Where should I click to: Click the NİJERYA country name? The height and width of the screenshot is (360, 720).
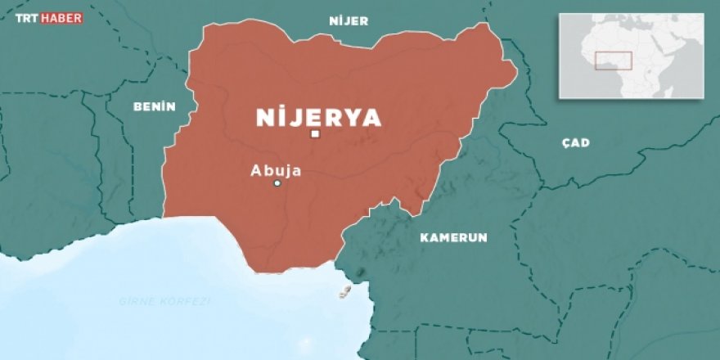(x=318, y=118)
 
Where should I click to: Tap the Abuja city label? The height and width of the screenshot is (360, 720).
(x=276, y=171)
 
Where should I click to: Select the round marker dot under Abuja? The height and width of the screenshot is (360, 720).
(x=277, y=183)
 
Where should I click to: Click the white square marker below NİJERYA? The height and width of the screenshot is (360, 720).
(x=315, y=134)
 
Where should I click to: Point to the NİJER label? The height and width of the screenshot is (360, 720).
(x=349, y=21)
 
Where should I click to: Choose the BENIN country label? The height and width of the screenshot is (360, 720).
(x=154, y=106)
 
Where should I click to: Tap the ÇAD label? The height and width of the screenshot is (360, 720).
(x=575, y=143)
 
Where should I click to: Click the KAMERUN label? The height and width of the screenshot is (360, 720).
(x=453, y=238)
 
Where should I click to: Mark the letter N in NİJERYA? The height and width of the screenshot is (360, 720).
(x=264, y=118)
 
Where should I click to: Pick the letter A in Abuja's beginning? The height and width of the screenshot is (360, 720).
(x=256, y=171)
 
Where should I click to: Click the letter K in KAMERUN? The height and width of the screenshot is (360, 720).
(x=425, y=238)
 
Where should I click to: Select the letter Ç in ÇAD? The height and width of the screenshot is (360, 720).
(x=565, y=143)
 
